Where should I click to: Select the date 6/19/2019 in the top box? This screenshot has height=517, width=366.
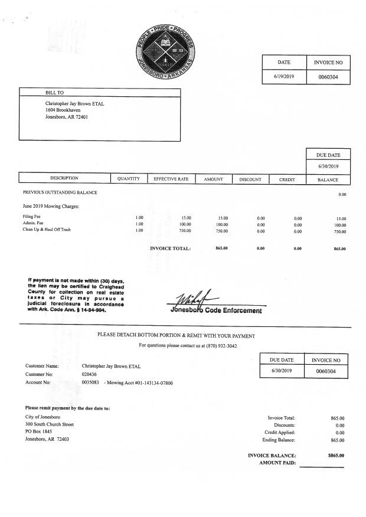click(x=284, y=77)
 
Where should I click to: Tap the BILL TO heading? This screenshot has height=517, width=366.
click(x=55, y=93)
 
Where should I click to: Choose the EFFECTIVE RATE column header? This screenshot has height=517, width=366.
click(x=171, y=178)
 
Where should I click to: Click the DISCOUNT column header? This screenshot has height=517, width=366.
click(x=250, y=178)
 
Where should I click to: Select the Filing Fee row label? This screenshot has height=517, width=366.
click(x=32, y=217)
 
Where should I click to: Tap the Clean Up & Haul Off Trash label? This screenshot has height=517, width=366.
click(x=47, y=230)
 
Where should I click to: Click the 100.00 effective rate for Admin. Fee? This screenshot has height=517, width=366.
click(x=185, y=224)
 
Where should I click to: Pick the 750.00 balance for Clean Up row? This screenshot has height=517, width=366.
click(x=340, y=231)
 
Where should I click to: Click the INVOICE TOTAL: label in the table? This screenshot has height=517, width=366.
click(x=171, y=248)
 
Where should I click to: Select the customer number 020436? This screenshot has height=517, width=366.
click(x=90, y=374)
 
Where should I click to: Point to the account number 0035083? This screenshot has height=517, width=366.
click(x=90, y=382)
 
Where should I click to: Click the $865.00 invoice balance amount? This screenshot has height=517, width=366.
click(x=336, y=455)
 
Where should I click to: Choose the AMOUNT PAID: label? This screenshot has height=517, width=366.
click(x=277, y=463)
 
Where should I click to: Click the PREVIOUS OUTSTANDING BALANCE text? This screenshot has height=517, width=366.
click(x=60, y=192)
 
